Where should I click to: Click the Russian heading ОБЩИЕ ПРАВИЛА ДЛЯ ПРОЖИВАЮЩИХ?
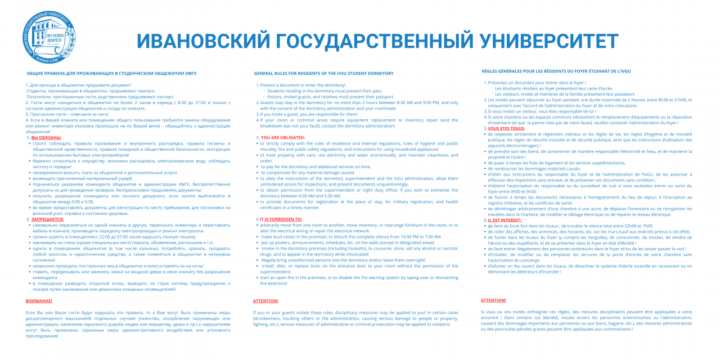(x=112, y=73)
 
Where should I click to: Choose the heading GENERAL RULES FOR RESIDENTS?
(x=324, y=73)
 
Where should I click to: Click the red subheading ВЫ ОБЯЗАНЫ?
(x=46, y=137)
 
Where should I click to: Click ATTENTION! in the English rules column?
(x=265, y=301)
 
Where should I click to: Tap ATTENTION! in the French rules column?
(x=493, y=300)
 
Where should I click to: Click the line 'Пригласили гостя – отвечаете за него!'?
(x=68, y=114)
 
